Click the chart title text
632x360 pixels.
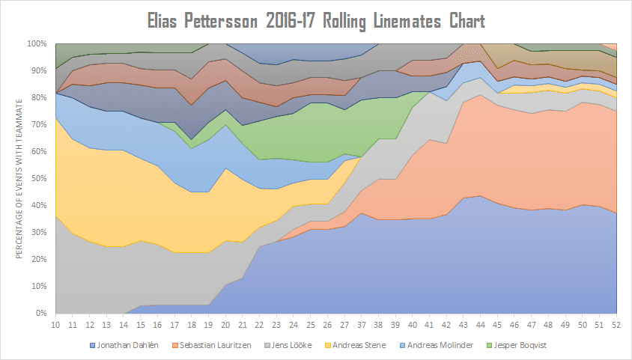(x=316, y=20)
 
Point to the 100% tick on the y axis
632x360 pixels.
(x=37, y=43)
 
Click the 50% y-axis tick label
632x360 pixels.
(x=40, y=178)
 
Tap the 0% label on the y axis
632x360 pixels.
(x=42, y=313)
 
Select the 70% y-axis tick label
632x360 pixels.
(x=40, y=124)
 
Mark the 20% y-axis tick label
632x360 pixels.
(x=40, y=259)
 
